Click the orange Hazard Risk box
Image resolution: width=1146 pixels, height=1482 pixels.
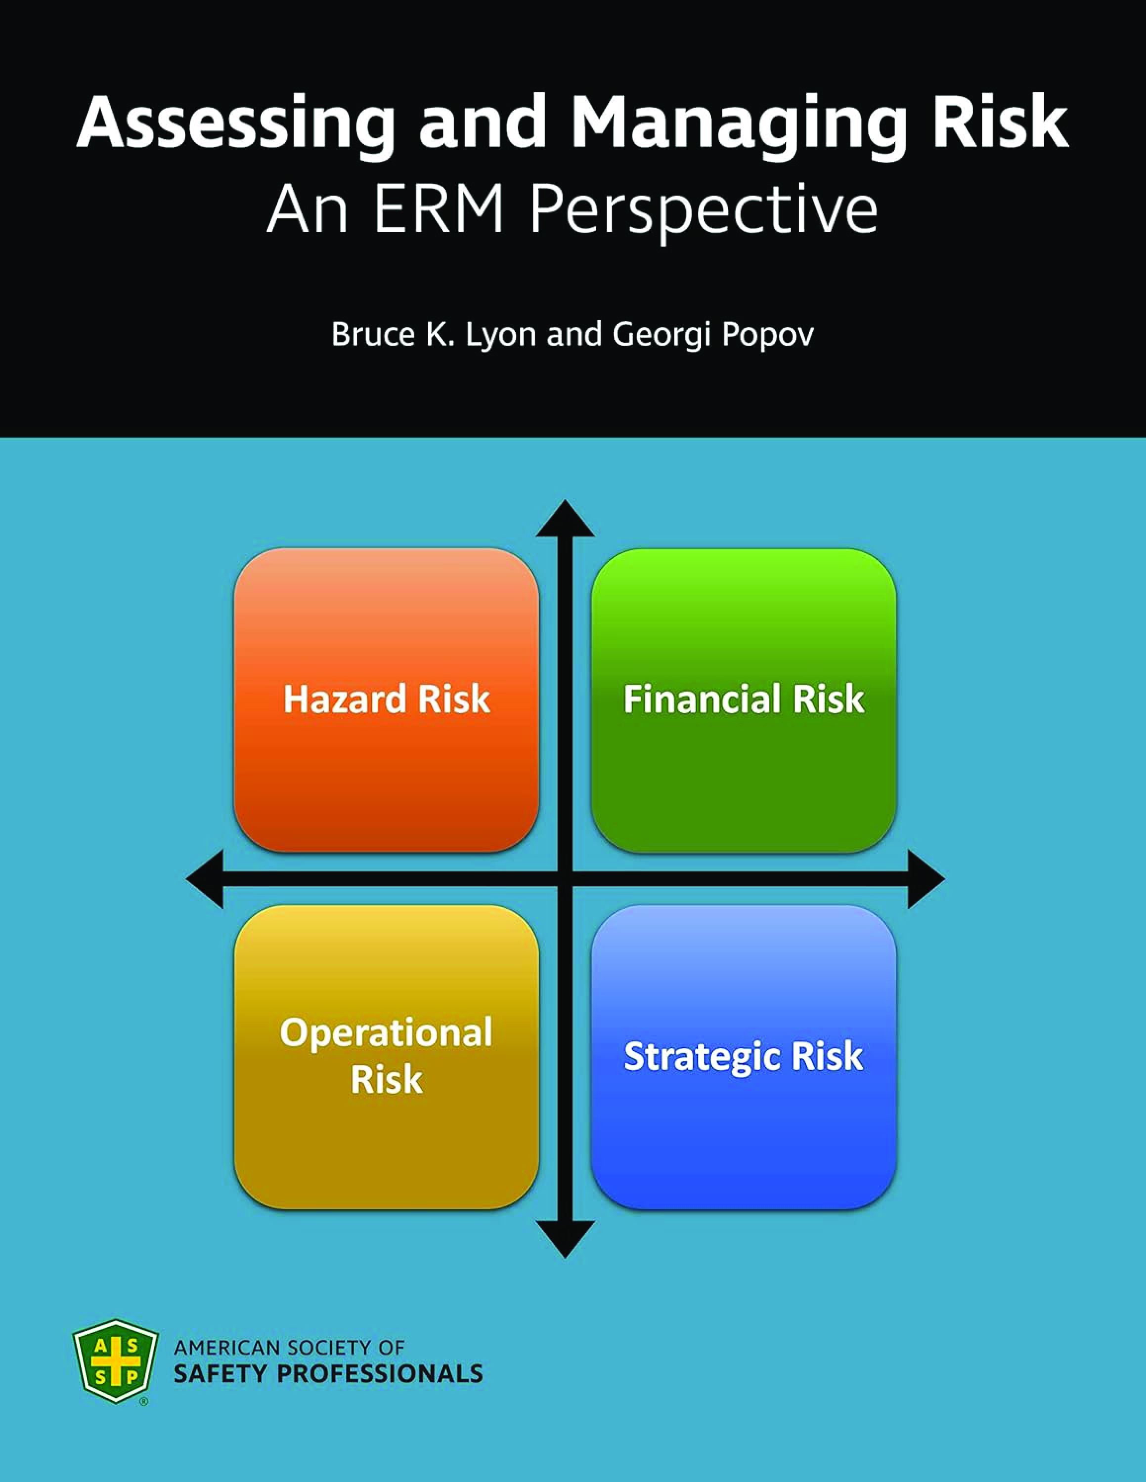point(386,700)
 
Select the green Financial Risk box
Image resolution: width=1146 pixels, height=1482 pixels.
point(744,700)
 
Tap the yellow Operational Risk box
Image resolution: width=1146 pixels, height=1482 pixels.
point(386,1057)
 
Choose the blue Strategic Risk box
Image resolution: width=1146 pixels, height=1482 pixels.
point(744,1057)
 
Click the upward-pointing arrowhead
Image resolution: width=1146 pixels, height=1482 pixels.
point(565,519)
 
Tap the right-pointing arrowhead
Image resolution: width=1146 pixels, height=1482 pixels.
point(926,879)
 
